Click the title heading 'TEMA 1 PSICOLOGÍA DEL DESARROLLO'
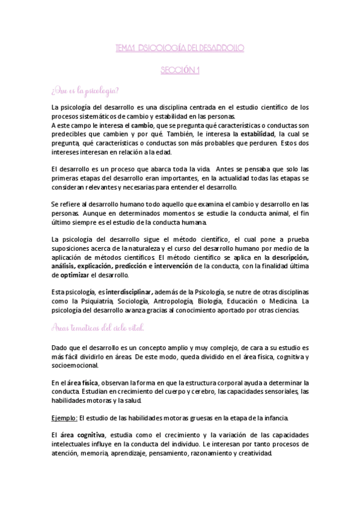(x=180, y=47)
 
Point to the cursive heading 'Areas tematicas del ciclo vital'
(x=98, y=327)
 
